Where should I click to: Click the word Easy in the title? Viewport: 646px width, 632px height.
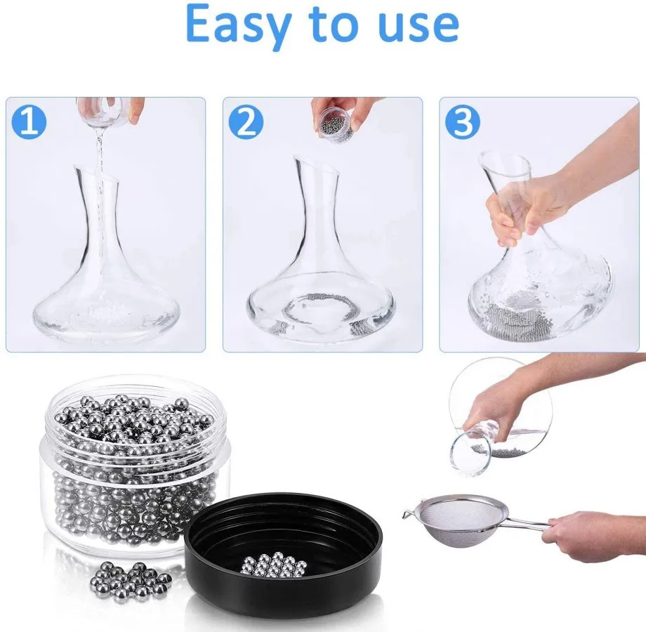click(237, 24)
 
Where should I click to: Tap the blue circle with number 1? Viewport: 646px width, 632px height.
click(29, 121)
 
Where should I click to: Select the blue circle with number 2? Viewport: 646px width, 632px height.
click(246, 121)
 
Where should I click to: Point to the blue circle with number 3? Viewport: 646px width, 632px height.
click(463, 121)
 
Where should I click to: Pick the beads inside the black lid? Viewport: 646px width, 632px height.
click(275, 562)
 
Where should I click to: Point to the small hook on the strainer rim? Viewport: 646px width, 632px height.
click(408, 514)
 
